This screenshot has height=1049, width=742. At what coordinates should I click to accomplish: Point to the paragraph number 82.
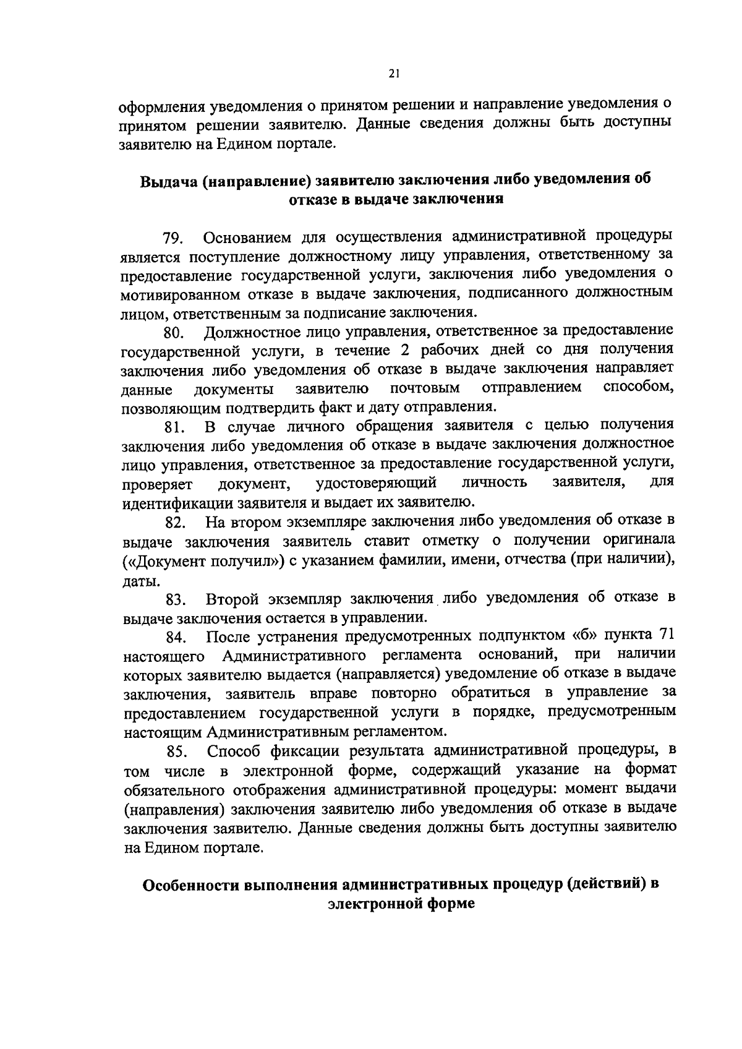[x=176, y=523]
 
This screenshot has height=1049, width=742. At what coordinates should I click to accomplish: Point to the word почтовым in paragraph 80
[x=425, y=389]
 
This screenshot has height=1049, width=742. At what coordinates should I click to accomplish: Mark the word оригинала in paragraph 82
[x=638, y=541]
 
